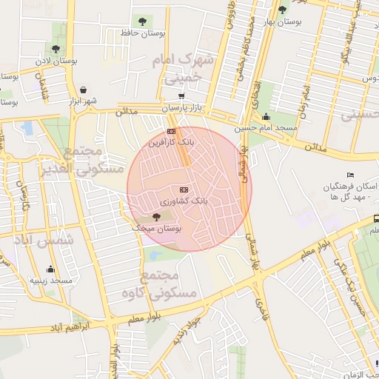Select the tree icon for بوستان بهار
point(282,10)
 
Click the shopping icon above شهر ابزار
point(82,90)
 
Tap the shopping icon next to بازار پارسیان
point(181,96)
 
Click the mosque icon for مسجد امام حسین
point(266,116)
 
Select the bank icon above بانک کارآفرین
point(172,131)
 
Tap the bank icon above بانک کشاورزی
point(184,190)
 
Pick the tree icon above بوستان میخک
point(155,217)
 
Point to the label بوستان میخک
point(156,229)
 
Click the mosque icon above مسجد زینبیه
point(50,269)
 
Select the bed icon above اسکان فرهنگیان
point(351,175)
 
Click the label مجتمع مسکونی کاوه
point(169,285)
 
